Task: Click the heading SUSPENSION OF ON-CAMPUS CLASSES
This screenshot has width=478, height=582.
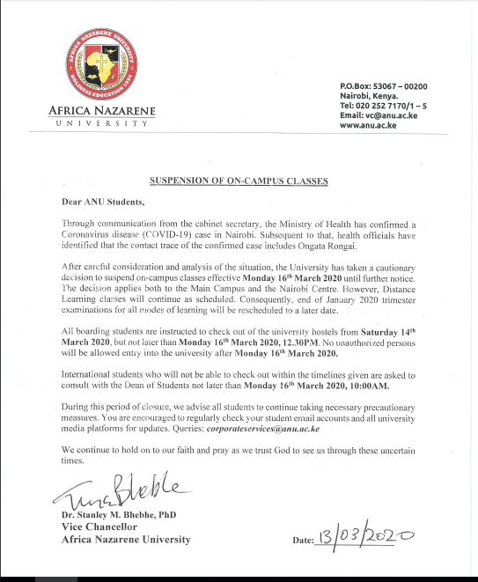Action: (238, 180)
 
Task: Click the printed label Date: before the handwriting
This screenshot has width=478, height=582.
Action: (299, 539)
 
